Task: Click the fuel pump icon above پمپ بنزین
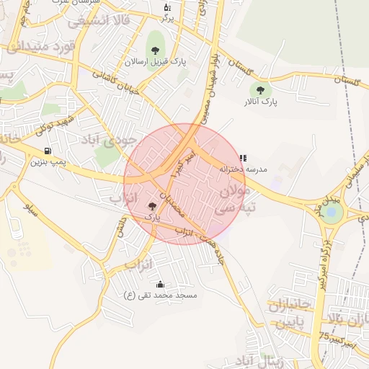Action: coord(48,151)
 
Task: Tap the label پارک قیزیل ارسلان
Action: coord(156,63)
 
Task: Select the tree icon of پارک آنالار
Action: coord(260,90)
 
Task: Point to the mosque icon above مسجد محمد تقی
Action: coord(159,284)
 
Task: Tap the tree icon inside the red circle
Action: coord(151,206)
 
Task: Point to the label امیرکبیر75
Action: coord(337,340)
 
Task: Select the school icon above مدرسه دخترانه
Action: coord(243,157)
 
